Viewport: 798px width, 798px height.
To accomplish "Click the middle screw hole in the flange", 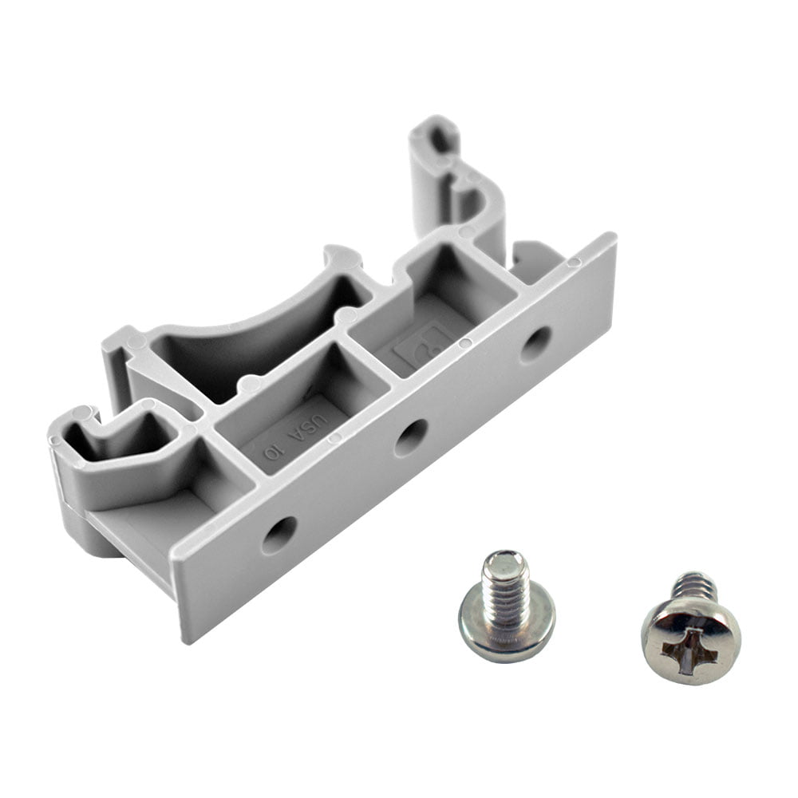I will pyautogui.click(x=411, y=437).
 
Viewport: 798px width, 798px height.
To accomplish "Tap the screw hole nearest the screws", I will pyautogui.click(x=279, y=535).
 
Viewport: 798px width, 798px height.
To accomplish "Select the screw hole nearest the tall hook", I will pyautogui.click(x=536, y=343).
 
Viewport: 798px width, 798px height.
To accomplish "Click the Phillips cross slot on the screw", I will pyautogui.click(x=691, y=638).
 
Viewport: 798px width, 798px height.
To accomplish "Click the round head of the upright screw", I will pyautogui.click(x=508, y=630).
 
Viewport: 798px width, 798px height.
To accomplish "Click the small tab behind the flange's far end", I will pyautogui.click(x=531, y=254).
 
